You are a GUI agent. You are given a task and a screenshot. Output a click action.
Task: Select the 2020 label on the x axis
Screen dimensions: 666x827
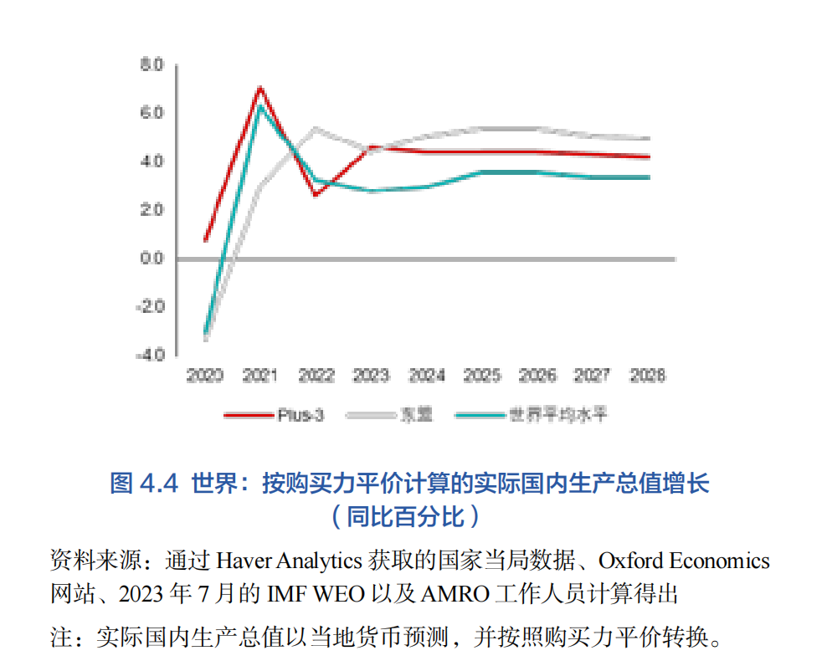click(205, 376)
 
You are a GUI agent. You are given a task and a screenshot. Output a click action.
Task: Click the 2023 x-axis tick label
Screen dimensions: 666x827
click(371, 376)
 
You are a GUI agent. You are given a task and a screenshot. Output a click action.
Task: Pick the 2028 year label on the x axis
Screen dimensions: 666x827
click(648, 376)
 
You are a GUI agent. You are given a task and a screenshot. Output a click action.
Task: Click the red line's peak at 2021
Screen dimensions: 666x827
click(260, 87)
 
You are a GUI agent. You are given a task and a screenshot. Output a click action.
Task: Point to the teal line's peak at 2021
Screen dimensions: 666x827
click(260, 106)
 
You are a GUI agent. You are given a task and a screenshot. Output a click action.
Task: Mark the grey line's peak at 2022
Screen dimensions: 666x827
click(316, 128)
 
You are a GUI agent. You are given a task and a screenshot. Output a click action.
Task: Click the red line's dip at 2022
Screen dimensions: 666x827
click(316, 195)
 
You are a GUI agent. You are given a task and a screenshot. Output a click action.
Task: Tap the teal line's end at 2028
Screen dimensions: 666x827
click(649, 177)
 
